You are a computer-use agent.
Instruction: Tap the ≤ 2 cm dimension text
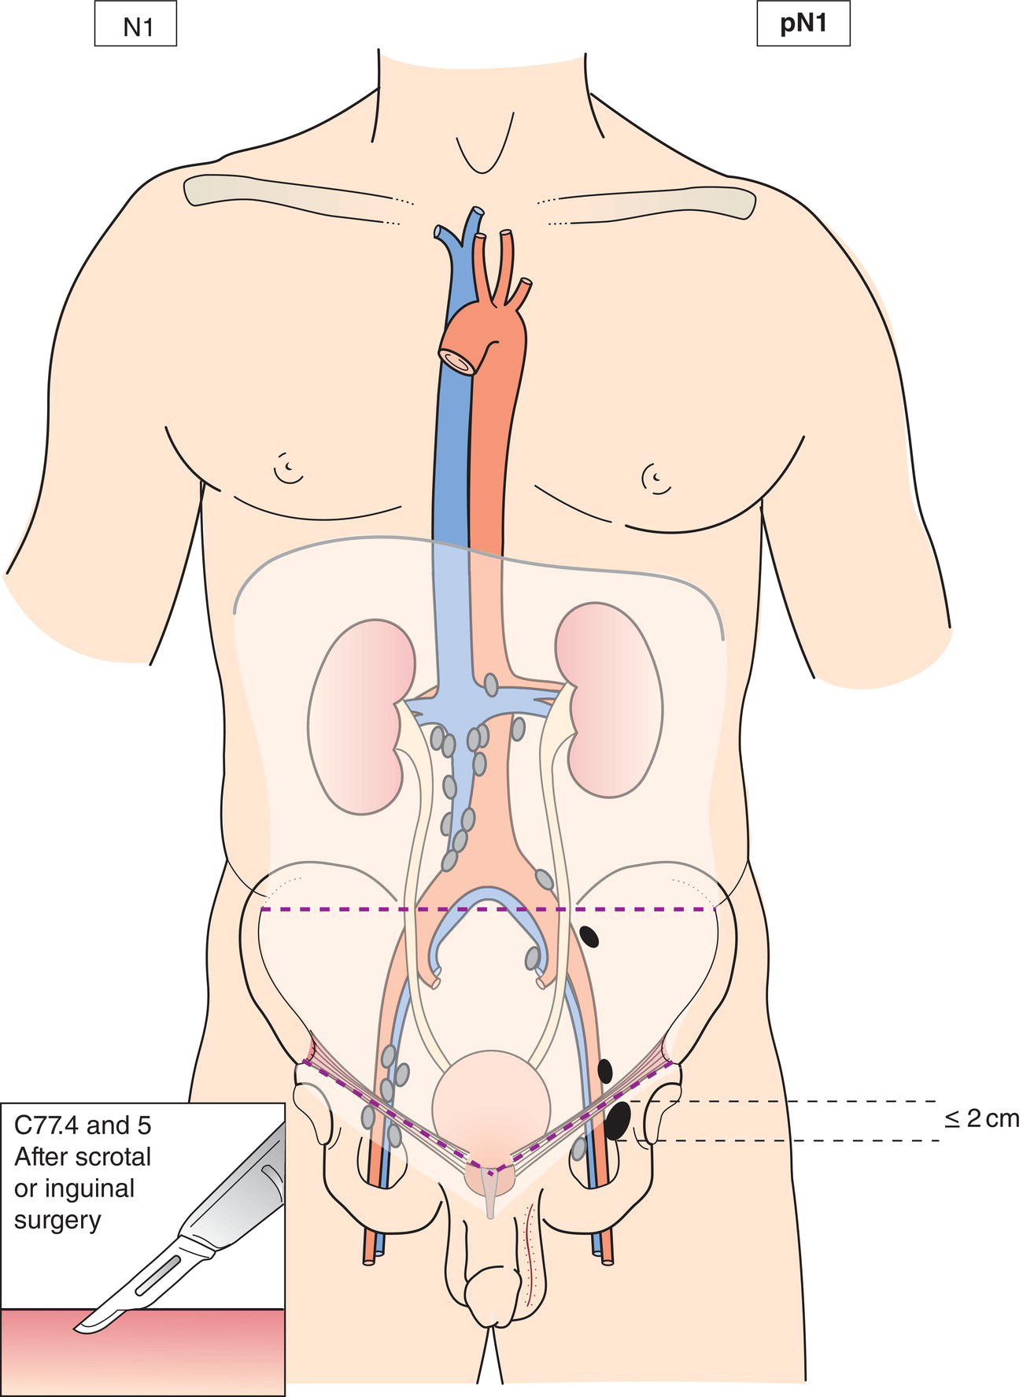click(981, 1118)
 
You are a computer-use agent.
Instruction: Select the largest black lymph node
click(619, 1119)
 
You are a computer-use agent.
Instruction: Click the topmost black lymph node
click(589, 936)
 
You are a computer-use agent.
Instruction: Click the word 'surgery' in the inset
click(57, 1220)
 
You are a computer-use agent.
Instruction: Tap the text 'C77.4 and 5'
click(83, 1125)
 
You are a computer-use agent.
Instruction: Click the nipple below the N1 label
click(290, 469)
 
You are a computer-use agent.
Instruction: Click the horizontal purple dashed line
click(488, 910)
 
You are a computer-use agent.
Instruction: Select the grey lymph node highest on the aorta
click(491, 684)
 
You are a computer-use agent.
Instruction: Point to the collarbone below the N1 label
click(291, 197)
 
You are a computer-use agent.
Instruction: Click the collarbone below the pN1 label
click(653, 197)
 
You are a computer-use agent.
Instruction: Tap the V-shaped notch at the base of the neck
click(478, 153)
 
